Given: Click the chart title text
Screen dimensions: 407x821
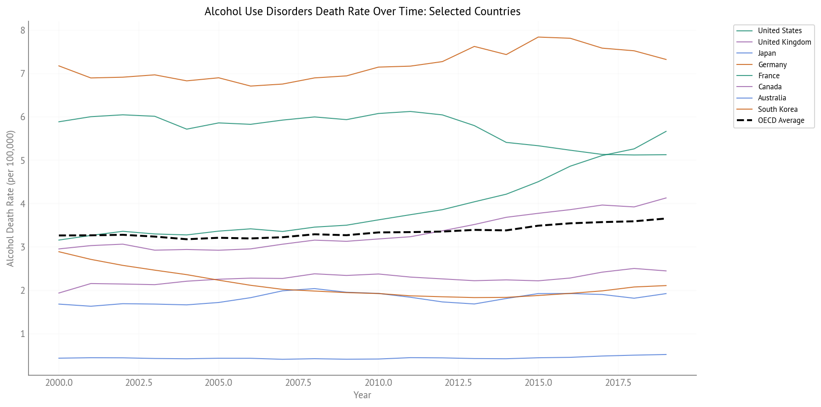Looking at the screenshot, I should coord(362,12).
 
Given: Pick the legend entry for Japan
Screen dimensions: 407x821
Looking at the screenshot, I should coord(766,53).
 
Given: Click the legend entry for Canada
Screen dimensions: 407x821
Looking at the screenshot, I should coord(770,87).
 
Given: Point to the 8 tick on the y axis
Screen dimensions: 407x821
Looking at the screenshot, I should coord(23,30).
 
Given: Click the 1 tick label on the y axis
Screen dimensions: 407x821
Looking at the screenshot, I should coord(23,334).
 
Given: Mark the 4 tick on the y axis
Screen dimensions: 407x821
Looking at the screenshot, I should coord(23,204).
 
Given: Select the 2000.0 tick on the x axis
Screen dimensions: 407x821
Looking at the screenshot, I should coord(59,383).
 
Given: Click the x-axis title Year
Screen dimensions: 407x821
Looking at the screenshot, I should coord(362,395).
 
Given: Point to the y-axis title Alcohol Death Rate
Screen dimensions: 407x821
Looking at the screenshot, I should coord(11,198).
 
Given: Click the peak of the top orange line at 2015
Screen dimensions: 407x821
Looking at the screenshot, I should coord(538,37).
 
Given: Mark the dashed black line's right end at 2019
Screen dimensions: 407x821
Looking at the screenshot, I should coord(666,218).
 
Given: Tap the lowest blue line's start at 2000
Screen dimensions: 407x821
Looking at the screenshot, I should coord(59,358).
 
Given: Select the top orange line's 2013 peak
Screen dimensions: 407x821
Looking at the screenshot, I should coord(474,47).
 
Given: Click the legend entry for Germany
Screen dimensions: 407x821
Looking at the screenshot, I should coord(772,65).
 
